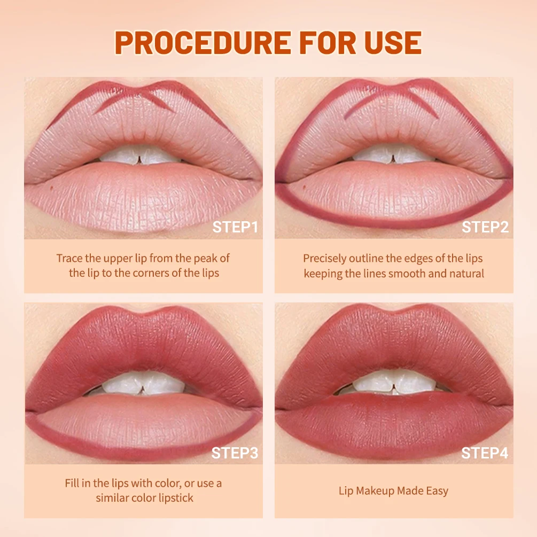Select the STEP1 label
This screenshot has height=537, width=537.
click(235, 227)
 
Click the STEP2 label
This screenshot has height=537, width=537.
click(485, 227)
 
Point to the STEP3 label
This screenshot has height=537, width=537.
click(235, 453)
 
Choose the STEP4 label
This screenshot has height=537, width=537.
click(485, 453)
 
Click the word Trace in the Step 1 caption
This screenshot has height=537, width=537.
click(69, 259)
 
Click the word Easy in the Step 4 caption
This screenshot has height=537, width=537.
click(437, 491)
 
